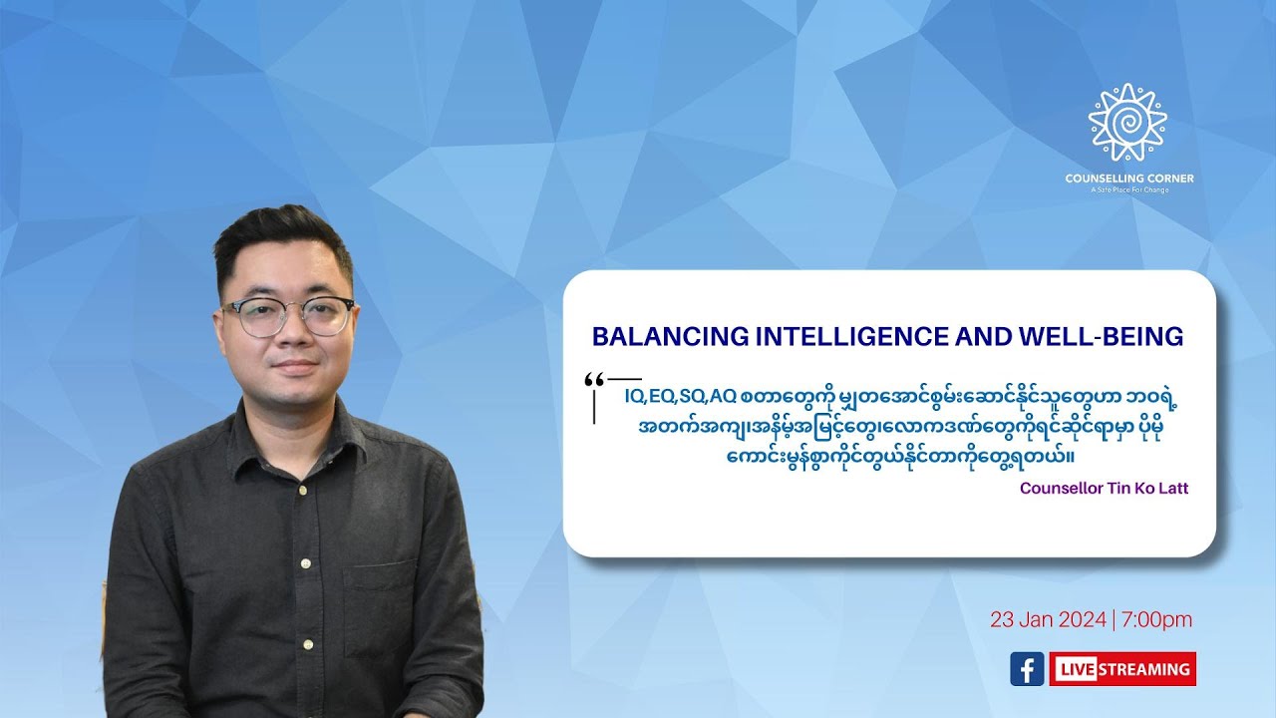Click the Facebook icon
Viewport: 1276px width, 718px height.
pyautogui.click(x=1027, y=668)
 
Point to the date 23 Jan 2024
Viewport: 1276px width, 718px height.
pyautogui.click(x=1048, y=619)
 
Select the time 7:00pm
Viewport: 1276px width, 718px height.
pyautogui.click(x=1157, y=619)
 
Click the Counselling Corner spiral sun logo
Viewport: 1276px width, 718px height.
pyautogui.click(x=1127, y=123)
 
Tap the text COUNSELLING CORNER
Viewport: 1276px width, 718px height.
pyautogui.click(x=1128, y=179)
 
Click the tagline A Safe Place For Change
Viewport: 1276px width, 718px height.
pyautogui.click(x=1128, y=189)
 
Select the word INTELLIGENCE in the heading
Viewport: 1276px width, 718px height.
pyautogui.click(x=843, y=337)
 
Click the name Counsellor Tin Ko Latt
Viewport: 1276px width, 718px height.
pyautogui.click(x=1104, y=489)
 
